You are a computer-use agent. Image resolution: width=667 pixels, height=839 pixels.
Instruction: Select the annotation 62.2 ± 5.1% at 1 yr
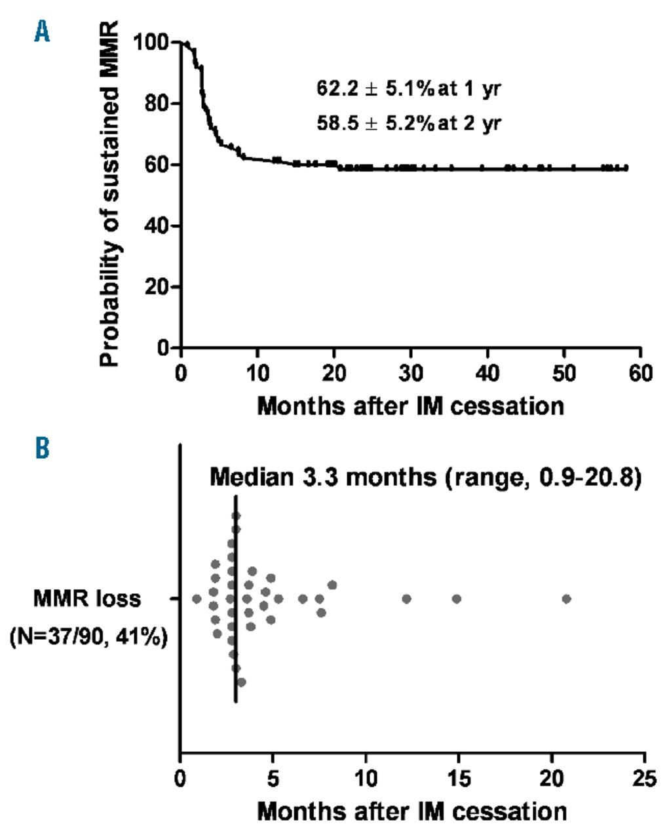click(409, 89)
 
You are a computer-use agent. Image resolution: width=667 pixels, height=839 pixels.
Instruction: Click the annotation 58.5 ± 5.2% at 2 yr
click(409, 123)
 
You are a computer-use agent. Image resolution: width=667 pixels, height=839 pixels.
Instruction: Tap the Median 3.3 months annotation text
click(424, 477)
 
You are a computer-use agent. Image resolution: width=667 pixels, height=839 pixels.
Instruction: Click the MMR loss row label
click(87, 598)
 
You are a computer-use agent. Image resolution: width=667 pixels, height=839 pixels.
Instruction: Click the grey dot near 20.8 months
click(567, 598)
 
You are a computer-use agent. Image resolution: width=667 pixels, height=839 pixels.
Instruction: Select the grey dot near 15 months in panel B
click(457, 598)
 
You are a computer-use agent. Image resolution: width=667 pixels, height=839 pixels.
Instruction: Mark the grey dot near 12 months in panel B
click(406, 598)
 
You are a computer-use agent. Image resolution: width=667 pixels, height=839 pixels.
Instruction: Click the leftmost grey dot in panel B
click(197, 598)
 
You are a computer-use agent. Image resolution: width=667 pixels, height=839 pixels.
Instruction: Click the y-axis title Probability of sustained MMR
click(110, 195)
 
